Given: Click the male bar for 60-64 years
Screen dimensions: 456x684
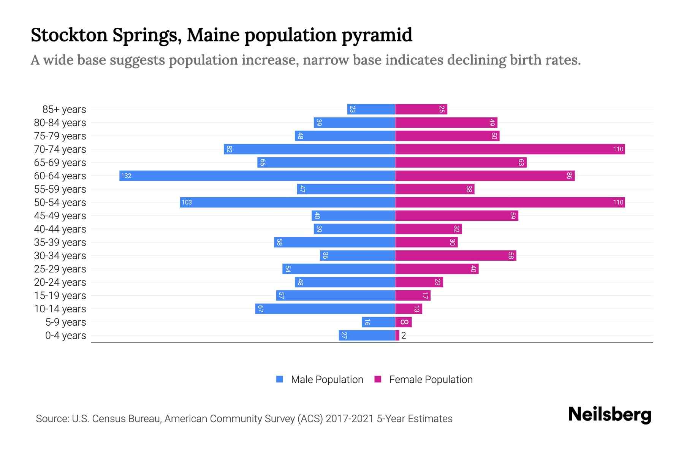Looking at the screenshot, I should pyautogui.click(x=257, y=176).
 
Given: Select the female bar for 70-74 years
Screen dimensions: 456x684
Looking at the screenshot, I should pyautogui.click(x=510, y=149).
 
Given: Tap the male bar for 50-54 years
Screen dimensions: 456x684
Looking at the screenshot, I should pyautogui.click(x=287, y=202).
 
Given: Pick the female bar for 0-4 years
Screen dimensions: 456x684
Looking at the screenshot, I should pyautogui.click(x=397, y=335).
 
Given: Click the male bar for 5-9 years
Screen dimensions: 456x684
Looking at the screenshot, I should pyautogui.click(x=378, y=322).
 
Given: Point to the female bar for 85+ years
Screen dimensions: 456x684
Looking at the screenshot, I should pyautogui.click(x=421, y=109).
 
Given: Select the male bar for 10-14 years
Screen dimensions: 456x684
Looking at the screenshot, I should pyautogui.click(x=325, y=309).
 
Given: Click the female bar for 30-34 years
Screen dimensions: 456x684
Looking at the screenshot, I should pyautogui.click(x=455, y=255).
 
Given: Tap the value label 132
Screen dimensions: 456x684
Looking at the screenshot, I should pyautogui.click(x=126, y=176).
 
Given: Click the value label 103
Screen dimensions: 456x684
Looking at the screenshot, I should pyautogui.click(x=187, y=202).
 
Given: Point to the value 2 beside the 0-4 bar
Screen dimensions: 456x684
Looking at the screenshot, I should pyautogui.click(x=404, y=336).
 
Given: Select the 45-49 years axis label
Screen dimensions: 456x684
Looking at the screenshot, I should pyautogui.click(x=60, y=216).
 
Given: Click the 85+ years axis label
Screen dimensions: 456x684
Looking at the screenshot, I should pyautogui.click(x=64, y=109).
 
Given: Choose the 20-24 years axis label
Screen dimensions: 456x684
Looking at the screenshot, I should pyautogui.click(x=60, y=282).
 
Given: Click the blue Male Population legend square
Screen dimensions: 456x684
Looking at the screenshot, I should pyautogui.click(x=280, y=379).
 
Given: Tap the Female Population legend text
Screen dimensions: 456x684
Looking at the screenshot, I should pyautogui.click(x=431, y=379).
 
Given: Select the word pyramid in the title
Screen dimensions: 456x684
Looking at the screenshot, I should pyautogui.click(x=377, y=35).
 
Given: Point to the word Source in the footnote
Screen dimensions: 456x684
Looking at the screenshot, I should pyautogui.click(x=52, y=418).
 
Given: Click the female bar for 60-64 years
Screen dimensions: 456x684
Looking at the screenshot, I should pyautogui.click(x=484, y=176).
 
